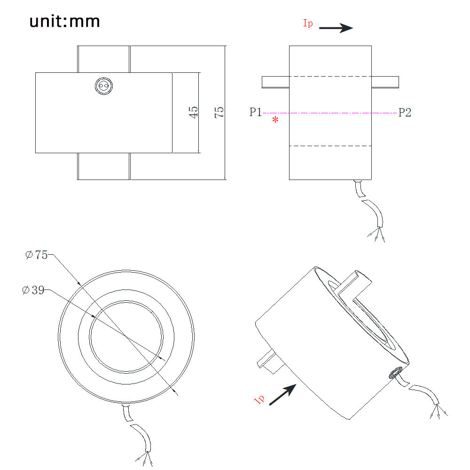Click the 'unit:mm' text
[x=65, y=22]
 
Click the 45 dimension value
[x=193, y=112]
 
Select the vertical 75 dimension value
[x=219, y=112]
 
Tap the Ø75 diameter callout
[x=37, y=255]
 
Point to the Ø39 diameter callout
[x=33, y=290]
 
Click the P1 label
[x=256, y=112]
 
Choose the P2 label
[x=405, y=112]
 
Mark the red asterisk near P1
[x=275, y=121]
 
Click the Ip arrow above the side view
[x=336, y=28]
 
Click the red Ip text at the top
[x=308, y=23]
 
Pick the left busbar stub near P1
[x=275, y=82]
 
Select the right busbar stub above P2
[x=385, y=82]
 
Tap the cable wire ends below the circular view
[x=144, y=458]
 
